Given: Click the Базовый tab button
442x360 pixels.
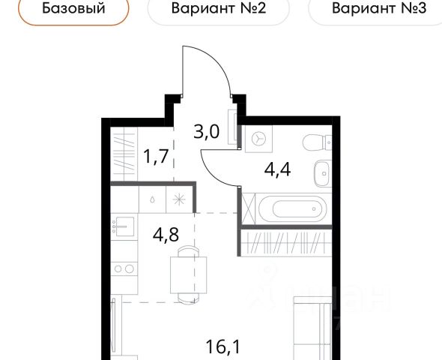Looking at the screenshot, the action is pyautogui.click(x=73, y=8).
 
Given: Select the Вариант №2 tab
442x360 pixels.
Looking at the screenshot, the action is pyautogui.click(x=219, y=8).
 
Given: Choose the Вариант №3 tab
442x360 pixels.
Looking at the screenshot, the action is pyautogui.click(x=378, y=8).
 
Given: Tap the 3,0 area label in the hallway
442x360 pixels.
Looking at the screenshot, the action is pyautogui.click(x=206, y=131).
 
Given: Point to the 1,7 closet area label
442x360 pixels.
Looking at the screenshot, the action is pyautogui.click(x=156, y=156).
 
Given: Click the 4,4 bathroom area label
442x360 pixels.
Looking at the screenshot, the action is pyautogui.click(x=277, y=169).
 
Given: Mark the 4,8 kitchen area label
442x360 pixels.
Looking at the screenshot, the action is pyautogui.click(x=166, y=234).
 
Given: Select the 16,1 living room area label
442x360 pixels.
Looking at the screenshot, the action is pyautogui.click(x=223, y=346).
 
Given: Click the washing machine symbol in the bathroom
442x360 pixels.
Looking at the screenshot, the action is pyautogui.click(x=258, y=139).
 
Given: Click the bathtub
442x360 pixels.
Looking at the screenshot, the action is pyautogui.click(x=293, y=209).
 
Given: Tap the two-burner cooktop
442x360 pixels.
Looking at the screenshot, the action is pyautogui.click(x=124, y=268).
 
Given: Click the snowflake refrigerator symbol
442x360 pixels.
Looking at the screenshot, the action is pyautogui.click(x=179, y=199).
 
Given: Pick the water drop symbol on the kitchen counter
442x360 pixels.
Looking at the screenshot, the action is pyautogui.click(x=152, y=199).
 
